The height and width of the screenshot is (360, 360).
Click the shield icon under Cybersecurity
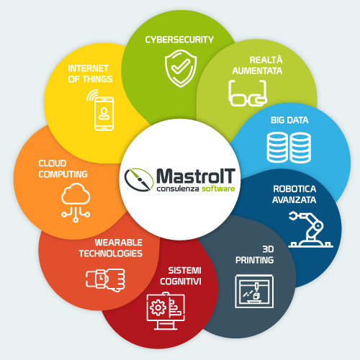(181, 68)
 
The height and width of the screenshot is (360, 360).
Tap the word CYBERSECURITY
(179, 40)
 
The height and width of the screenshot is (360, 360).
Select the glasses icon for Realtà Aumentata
(248, 94)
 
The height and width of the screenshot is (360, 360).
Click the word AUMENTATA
(257, 71)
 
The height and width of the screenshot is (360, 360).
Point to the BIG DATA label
(289, 120)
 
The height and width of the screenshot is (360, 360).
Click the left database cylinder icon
(277, 148)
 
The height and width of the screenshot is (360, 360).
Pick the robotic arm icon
(310, 229)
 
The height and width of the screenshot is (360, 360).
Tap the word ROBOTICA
(294, 189)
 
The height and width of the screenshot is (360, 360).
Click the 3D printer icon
(254, 291)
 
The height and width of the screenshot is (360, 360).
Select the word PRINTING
(254, 260)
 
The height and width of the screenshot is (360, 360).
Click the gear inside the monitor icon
(158, 307)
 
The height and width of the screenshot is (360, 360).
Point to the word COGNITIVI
(181, 282)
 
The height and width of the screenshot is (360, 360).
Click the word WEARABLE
(118, 243)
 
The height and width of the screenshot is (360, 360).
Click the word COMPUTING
(63, 174)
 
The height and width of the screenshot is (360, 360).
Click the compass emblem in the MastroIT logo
(139, 179)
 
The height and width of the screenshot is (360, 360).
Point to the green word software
(218, 189)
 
